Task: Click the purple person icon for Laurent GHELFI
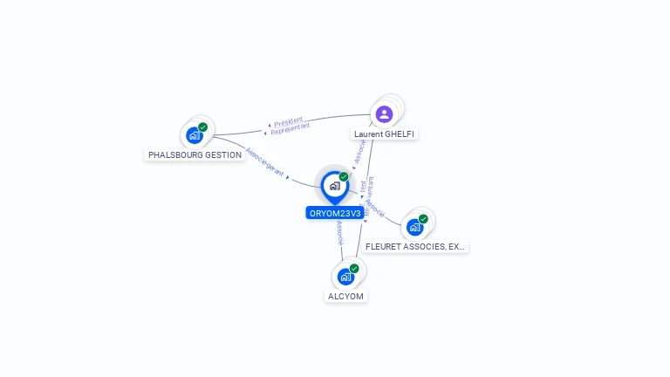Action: click(384, 113)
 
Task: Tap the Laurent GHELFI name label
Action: click(385, 134)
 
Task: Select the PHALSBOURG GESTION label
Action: click(195, 154)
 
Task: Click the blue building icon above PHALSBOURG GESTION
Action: click(195, 135)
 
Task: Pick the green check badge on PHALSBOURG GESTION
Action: click(203, 127)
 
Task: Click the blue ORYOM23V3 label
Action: click(335, 213)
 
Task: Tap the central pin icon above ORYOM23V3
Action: click(334, 185)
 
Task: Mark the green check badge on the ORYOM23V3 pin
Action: click(344, 177)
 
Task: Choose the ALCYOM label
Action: click(345, 296)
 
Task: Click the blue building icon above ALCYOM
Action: click(345, 277)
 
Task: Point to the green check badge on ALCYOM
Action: click(354, 269)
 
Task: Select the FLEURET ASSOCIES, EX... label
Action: click(415, 246)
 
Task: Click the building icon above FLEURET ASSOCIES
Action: click(414, 227)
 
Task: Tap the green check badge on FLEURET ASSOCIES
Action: click(423, 219)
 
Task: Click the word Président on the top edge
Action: click(288, 121)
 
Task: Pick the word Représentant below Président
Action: click(291, 129)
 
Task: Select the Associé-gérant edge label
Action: click(265, 162)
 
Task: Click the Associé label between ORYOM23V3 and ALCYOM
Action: click(339, 231)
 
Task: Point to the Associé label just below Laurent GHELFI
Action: click(359, 152)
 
